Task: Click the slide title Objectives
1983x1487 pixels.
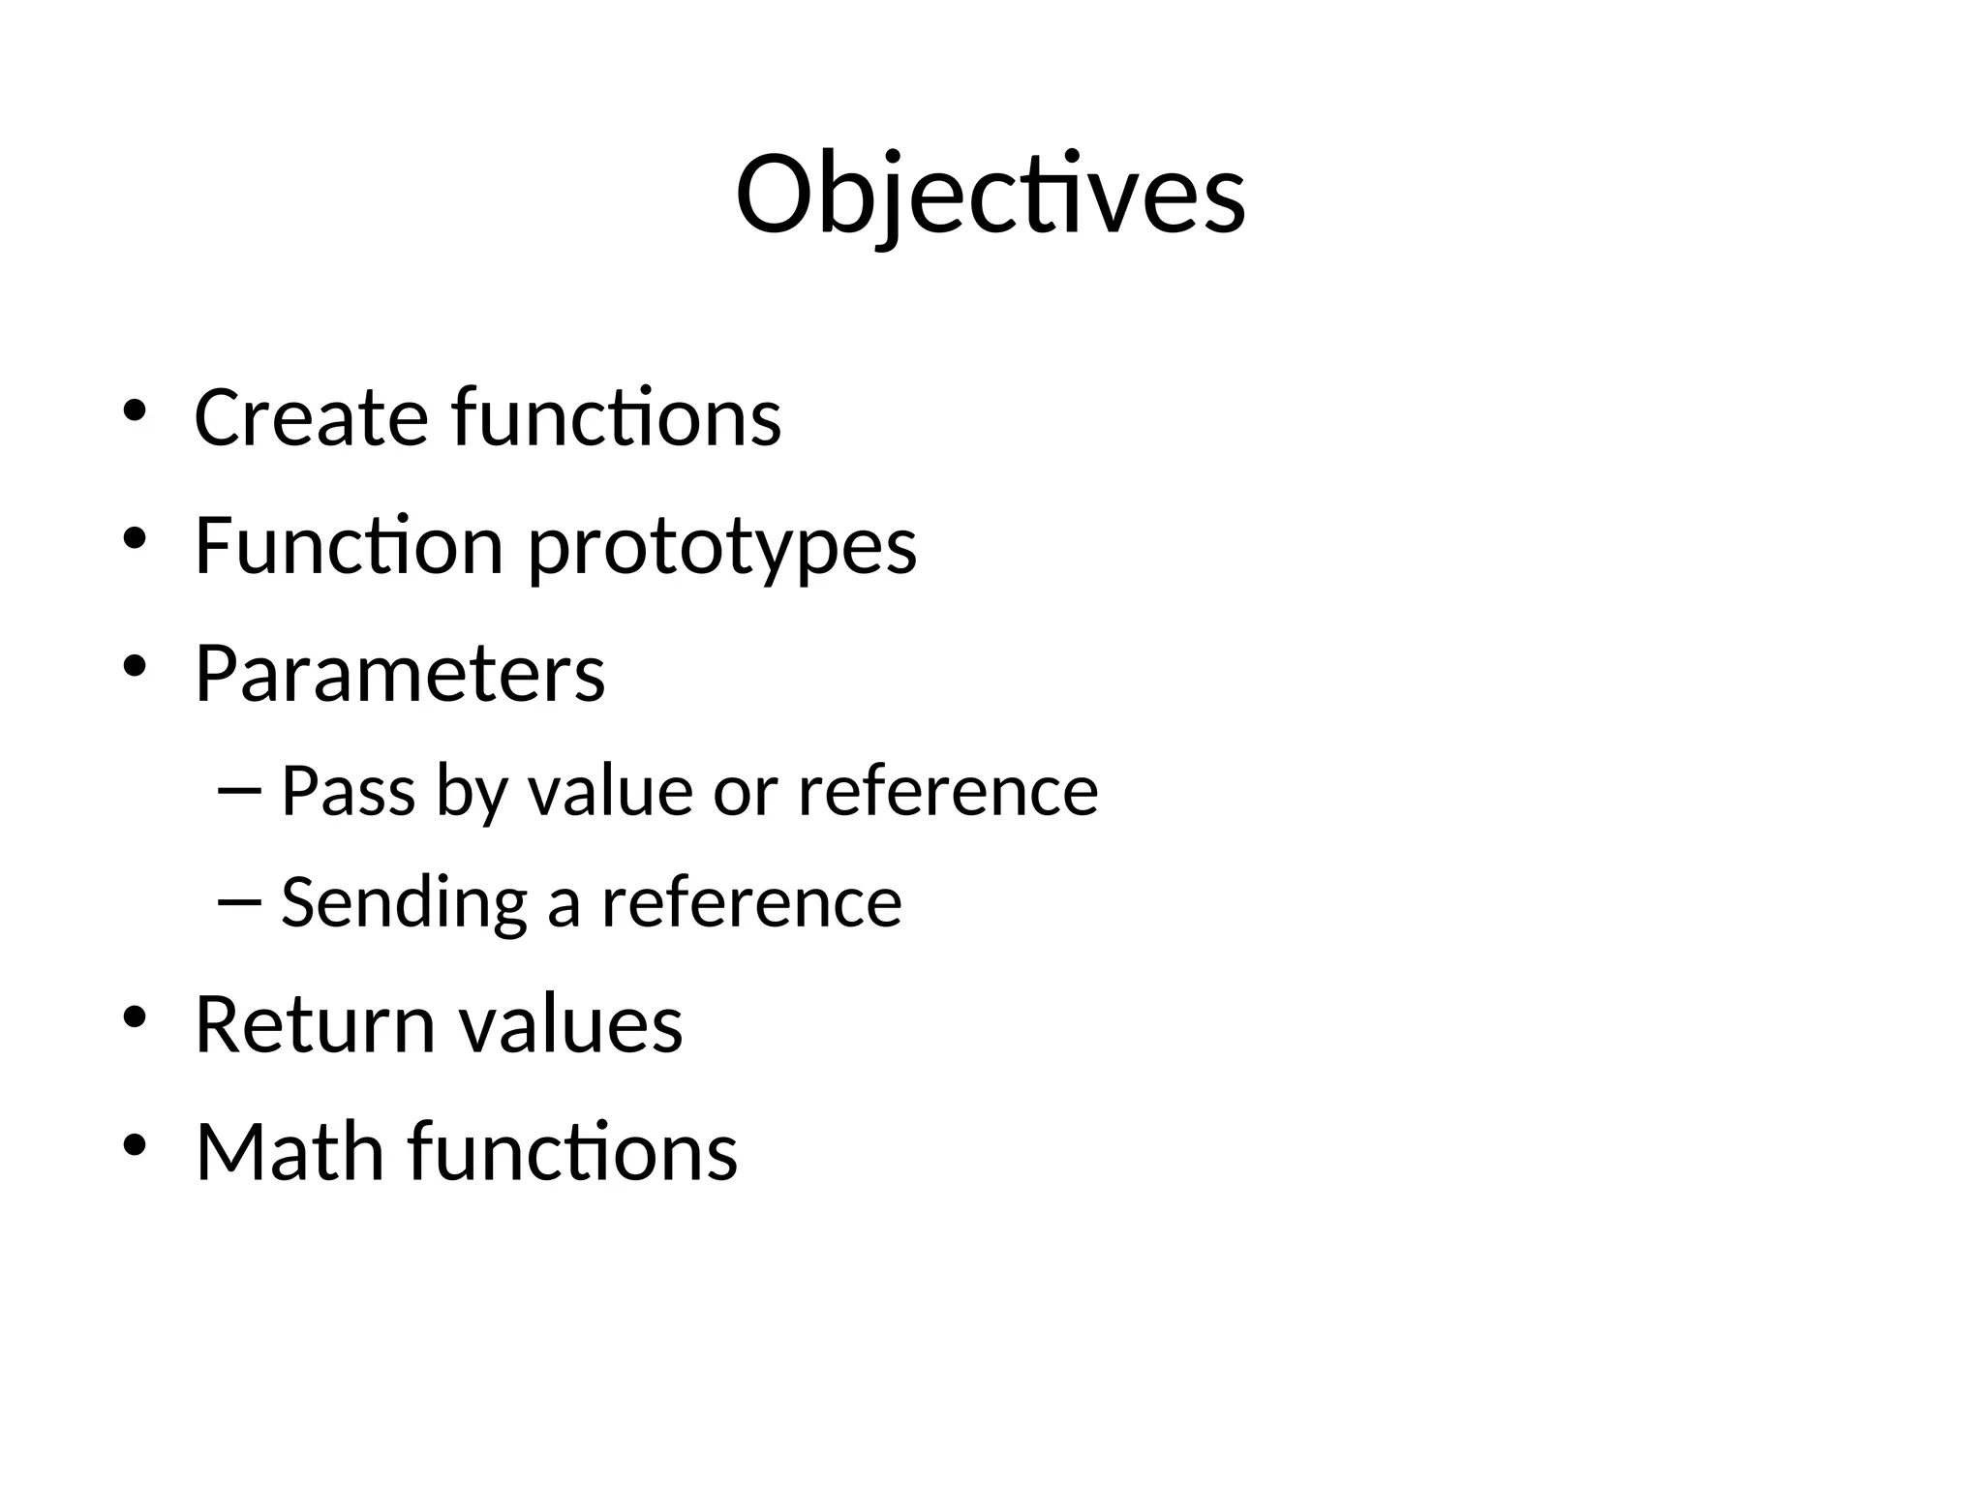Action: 991,196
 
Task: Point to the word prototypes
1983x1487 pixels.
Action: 721,549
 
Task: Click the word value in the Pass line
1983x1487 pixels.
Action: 610,791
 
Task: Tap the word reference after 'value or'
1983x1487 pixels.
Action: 948,791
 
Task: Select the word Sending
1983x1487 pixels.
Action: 404,903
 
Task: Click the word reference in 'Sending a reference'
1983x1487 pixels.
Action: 751,903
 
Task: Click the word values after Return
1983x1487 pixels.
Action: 570,1025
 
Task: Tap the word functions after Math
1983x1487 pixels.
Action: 572,1151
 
